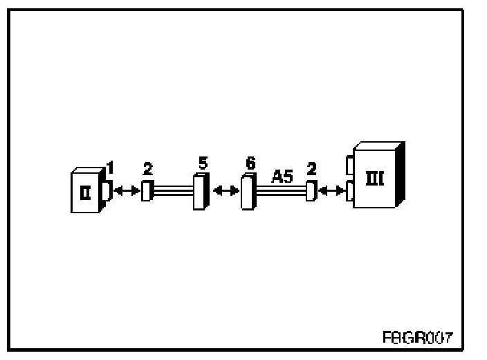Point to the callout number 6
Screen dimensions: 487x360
(x=250, y=165)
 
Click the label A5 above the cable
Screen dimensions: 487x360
(x=282, y=177)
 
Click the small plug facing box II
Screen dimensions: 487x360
(x=146, y=190)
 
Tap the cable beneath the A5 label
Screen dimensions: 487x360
(x=281, y=192)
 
